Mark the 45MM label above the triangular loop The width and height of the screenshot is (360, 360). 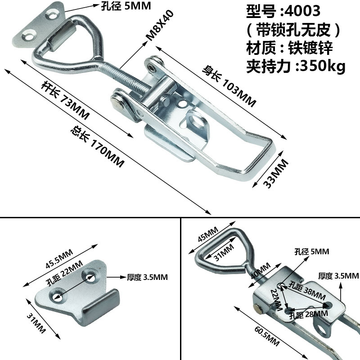pyautogui.click(x=208, y=235)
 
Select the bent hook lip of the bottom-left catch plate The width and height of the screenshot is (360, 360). pyautogui.click(x=97, y=306)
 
